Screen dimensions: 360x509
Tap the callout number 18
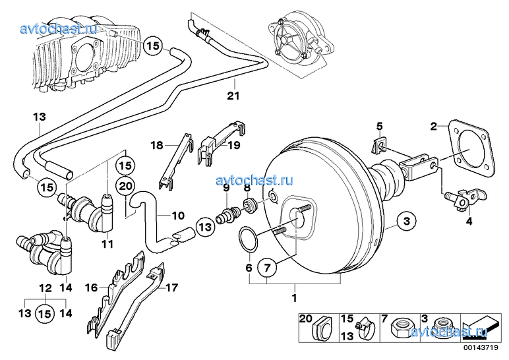(156, 145)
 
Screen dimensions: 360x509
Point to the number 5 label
(379, 125)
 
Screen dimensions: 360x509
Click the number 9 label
(225, 187)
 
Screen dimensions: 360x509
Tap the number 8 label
(247, 187)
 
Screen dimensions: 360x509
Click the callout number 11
(107, 244)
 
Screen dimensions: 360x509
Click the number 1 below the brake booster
(295, 299)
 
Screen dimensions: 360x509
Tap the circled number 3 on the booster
(407, 220)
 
